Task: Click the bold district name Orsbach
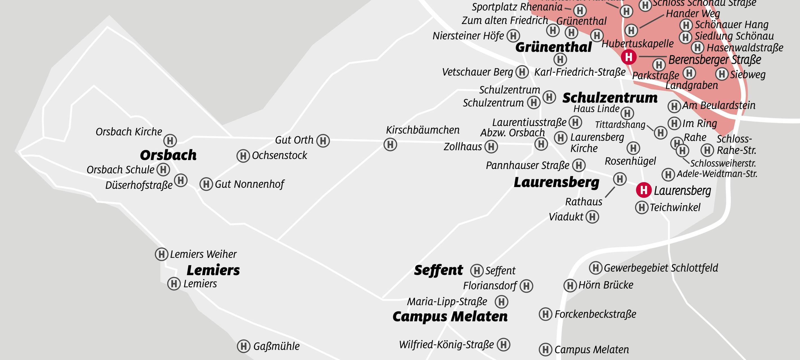(168, 155)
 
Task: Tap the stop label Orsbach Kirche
(129, 132)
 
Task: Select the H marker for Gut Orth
(323, 141)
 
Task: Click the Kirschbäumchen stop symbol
(390, 145)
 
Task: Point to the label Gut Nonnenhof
(250, 184)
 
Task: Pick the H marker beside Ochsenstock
(243, 156)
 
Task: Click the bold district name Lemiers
(213, 270)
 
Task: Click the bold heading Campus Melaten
(450, 316)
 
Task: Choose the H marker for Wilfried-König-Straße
(504, 345)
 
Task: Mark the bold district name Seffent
(439, 270)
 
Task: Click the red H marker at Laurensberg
(644, 190)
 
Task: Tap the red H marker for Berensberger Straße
(629, 57)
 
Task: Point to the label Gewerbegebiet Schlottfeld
(661, 268)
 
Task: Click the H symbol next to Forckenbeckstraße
(545, 314)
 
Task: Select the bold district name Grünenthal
(553, 48)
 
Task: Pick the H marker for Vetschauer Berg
(522, 72)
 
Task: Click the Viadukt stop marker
(592, 217)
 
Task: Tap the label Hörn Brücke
(606, 285)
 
